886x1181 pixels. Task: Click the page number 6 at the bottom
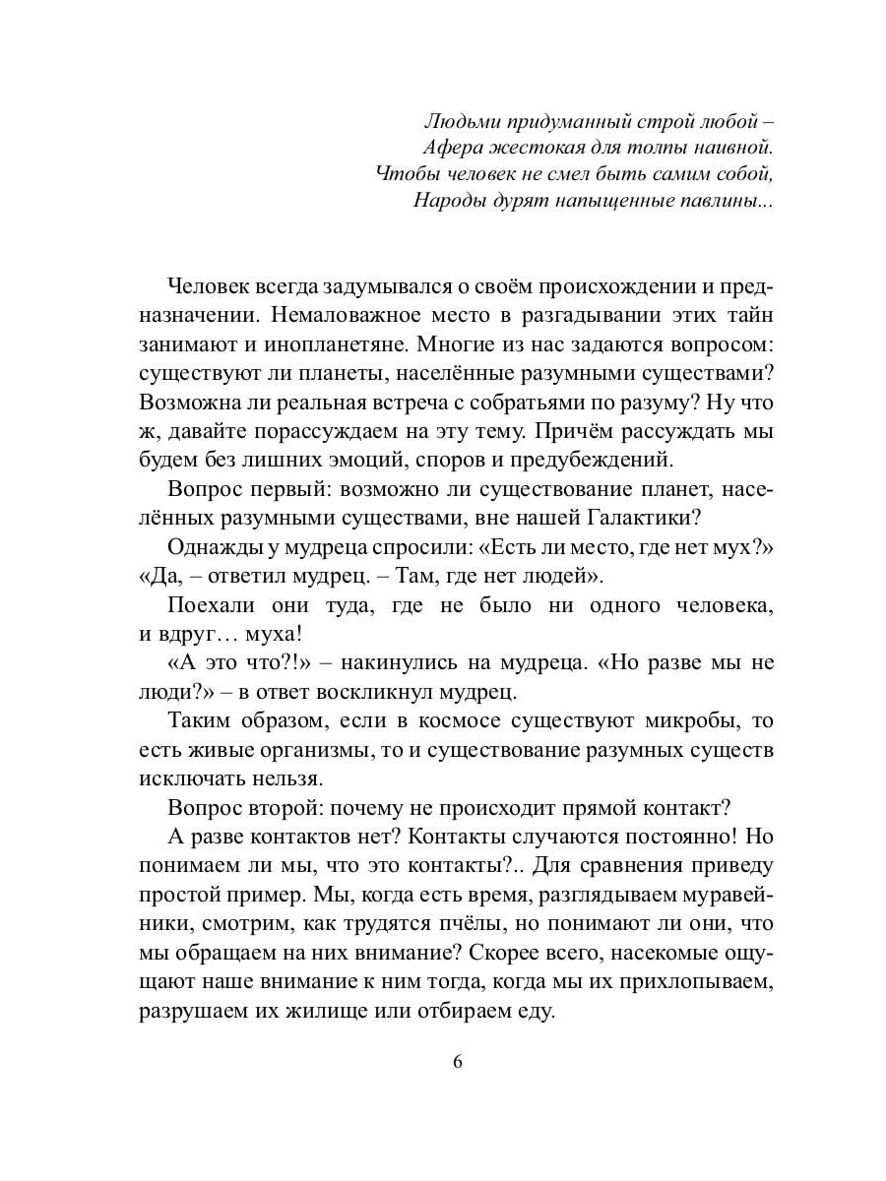coord(457,1063)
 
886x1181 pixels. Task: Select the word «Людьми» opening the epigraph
coord(457,123)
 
